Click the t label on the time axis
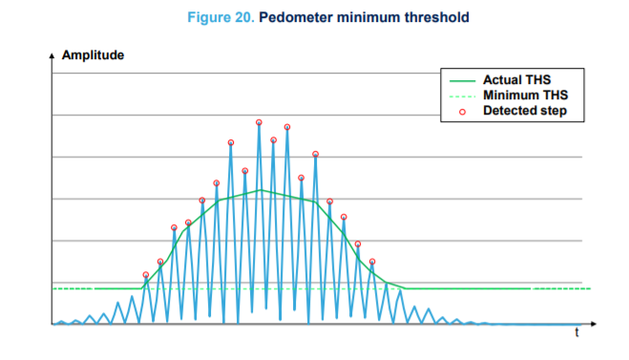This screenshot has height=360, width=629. [x=577, y=333]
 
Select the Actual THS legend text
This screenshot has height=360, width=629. [x=516, y=79]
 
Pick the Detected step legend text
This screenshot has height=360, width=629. [x=525, y=111]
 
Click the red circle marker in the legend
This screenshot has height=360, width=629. [x=460, y=111]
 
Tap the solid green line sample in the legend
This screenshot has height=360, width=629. [x=460, y=79]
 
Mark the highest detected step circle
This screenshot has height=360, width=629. [x=259, y=122]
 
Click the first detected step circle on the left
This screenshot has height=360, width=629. [x=146, y=275]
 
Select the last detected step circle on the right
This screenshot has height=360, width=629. [x=372, y=262]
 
